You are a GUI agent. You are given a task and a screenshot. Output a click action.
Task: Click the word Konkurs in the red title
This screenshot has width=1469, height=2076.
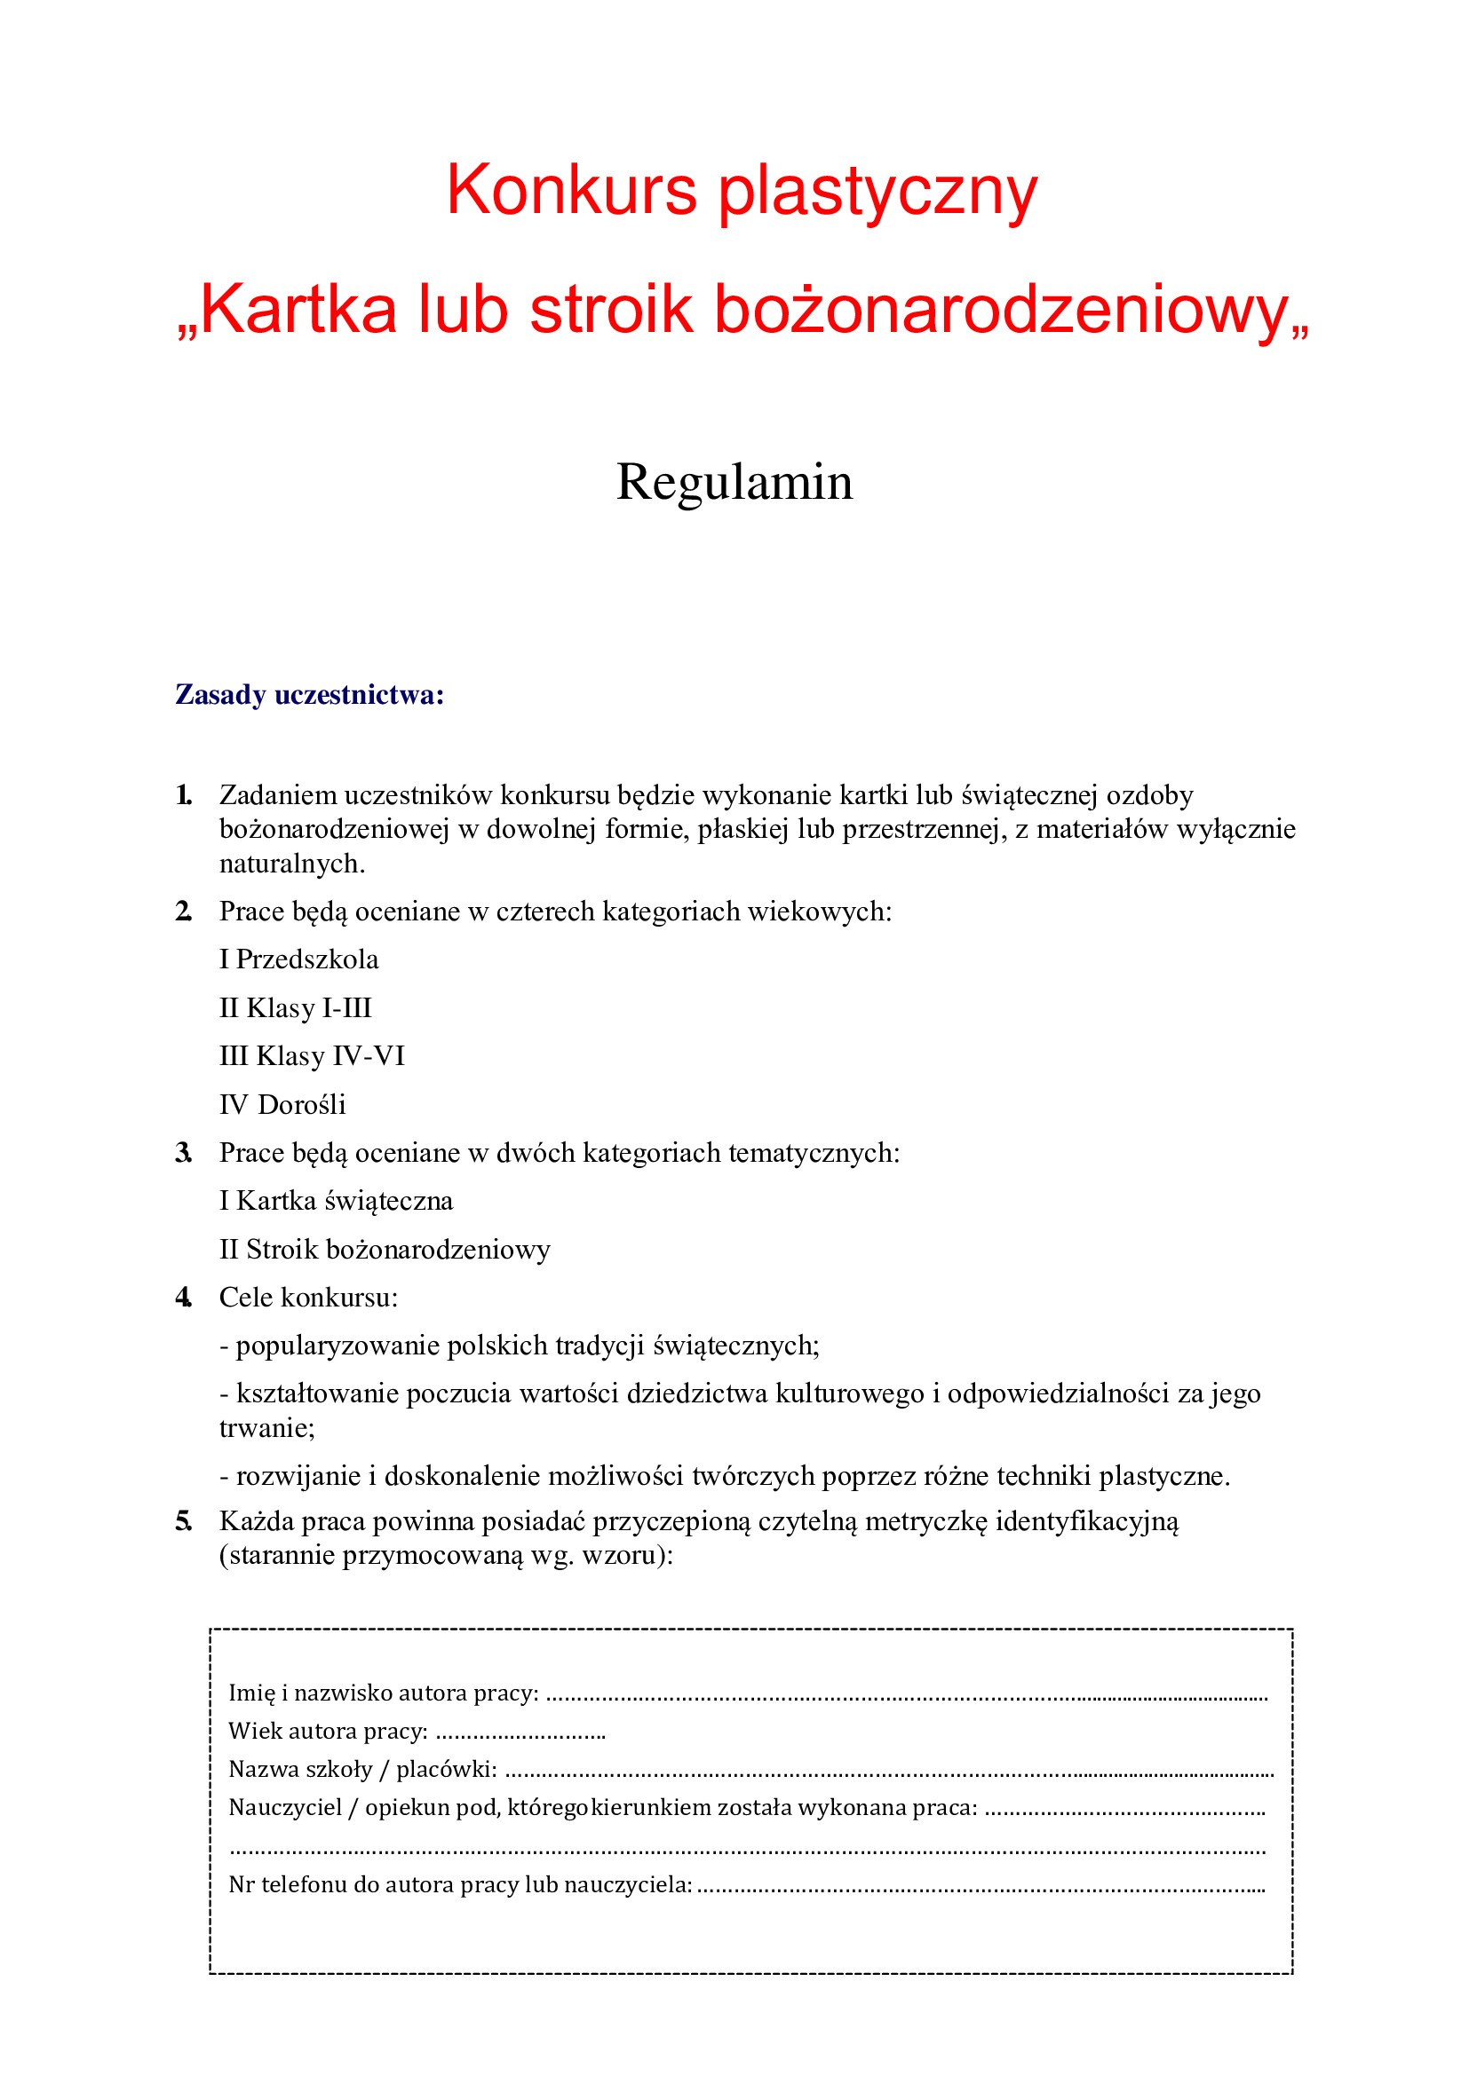pyautogui.click(x=571, y=190)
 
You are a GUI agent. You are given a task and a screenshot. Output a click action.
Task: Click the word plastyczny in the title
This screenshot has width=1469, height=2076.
pyautogui.click(x=877, y=192)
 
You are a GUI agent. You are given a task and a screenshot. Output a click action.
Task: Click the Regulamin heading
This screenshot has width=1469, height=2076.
pyautogui.click(x=734, y=481)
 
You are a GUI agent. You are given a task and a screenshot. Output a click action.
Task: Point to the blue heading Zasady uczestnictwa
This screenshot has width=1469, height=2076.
pyautogui.click(x=309, y=694)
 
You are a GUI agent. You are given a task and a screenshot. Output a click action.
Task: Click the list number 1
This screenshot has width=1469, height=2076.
pyautogui.click(x=183, y=794)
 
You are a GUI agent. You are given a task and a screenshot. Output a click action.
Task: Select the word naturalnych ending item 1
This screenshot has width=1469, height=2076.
pyautogui.click(x=291, y=864)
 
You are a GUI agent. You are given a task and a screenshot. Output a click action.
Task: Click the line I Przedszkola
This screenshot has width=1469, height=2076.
pyautogui.click(x=298, y=959)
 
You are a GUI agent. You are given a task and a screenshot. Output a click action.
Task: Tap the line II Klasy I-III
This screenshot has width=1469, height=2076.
pyautogui.click(x=295, y=1007)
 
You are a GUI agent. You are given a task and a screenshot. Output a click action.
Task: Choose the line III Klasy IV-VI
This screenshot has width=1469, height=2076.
pyautogui.click(x=311, y=1055)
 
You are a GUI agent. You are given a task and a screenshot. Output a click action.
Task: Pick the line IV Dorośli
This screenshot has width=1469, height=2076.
pyautogui.click(x=282, y=1104)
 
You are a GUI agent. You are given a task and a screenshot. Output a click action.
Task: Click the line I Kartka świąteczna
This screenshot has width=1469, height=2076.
pyautogui.click(x=336, y=1201)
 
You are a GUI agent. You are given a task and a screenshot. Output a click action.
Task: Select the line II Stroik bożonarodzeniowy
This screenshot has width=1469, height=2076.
pyautogui.click(x=385, y=1250)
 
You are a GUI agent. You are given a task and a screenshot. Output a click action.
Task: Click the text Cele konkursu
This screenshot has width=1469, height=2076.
pyautogui.click(x=307, y=1298)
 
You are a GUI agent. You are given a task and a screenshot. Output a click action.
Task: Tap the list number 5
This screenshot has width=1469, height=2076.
pyautogui.click(x=183, y=1522)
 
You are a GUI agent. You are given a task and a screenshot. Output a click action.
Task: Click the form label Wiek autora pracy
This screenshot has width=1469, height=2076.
pyautogui.click(x=328, y=1732)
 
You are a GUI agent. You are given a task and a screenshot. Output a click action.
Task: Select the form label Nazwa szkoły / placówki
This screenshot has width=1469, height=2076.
pyautogui.click(x=361, y=1770)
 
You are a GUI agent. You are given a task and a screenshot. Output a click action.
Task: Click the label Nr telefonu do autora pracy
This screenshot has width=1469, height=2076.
pyautogui.click(x=459, y=1885)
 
